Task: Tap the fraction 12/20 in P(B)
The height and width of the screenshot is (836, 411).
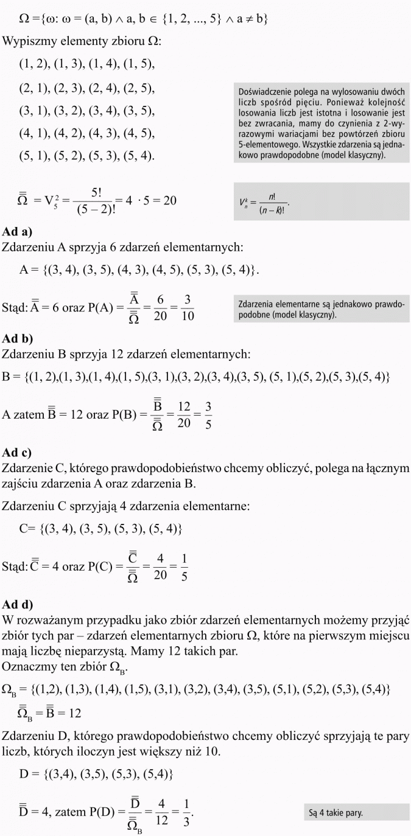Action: click(x=184, y=415)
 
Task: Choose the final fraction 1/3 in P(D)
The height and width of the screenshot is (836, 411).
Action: click(x=186, y=813)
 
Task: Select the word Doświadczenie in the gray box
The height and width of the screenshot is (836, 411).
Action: click(x=264, y=92)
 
